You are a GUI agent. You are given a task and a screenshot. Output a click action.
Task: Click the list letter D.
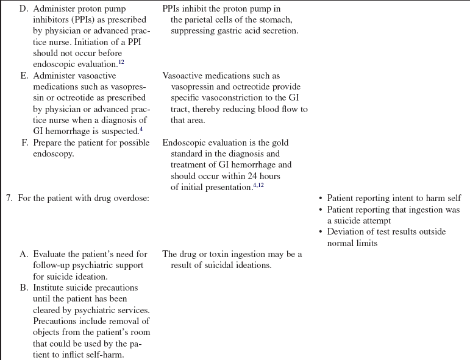click(x=24, y=9)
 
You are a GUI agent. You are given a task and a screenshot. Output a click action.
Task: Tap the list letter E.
click(x=24, y=76)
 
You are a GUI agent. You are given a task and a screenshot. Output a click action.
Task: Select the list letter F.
click(x=24, y=143)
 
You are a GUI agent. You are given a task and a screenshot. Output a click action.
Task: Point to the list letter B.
click(x=24, y=288)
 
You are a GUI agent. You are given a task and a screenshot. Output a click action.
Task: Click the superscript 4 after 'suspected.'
click(x=141, y=129)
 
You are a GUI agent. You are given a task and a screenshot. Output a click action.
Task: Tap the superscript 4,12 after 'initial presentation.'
click(x=258, y=185)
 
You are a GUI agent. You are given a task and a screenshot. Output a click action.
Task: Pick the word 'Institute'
click(x=51, y=288)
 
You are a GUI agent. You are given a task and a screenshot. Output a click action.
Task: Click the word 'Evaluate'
click(x=51, y=254)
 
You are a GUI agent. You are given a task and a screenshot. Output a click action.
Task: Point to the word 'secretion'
click(x=277, y=31)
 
